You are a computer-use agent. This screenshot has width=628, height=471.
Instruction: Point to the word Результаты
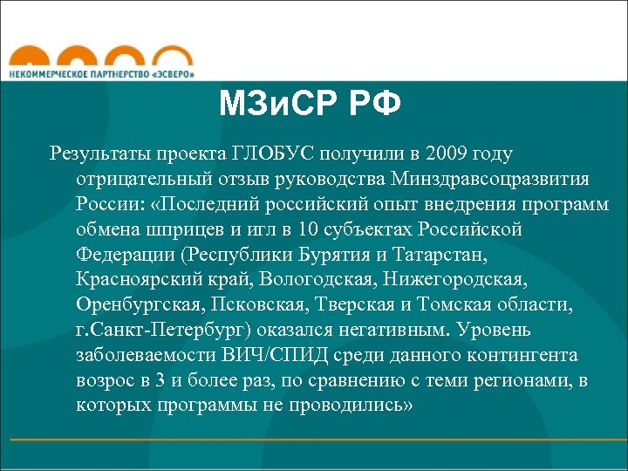pyautogui.click(x=101, y=154)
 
